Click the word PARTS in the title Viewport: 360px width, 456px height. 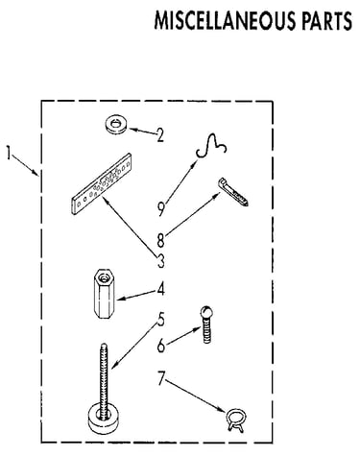pos(327,20)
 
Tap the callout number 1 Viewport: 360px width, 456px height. pos(9,153)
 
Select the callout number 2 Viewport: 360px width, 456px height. pos(160,135)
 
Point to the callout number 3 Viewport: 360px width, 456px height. pos(160,260)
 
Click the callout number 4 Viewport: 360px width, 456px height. pos(161,288)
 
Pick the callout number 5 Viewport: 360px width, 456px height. pos(160,319)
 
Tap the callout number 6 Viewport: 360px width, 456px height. pos(161,346)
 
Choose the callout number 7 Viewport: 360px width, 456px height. pos(161,378)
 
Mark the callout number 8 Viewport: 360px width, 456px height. pos(160,240)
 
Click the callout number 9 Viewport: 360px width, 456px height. pos(161,208)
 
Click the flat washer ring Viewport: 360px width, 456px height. pos(115,125)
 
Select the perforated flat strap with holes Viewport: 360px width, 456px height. pos(102,183)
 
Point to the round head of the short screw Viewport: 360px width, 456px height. pos(207,312)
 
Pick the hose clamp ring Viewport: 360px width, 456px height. pos(236,420)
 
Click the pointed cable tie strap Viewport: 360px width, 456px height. pos(233,191)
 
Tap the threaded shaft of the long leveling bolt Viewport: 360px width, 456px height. pos(104,377)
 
